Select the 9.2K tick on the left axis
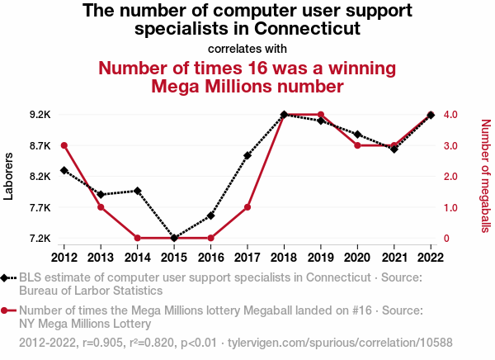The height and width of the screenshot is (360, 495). click(x=40, y=115)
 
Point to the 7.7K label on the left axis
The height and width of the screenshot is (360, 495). click(x=40, y=207)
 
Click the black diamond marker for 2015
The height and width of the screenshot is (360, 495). click(x=174, y=239)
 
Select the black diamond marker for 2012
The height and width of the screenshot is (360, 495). click(x=64, y=170)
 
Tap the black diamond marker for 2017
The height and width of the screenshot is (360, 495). click(x=247, y=155)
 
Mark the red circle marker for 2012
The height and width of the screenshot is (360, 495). click(x=64, y=145)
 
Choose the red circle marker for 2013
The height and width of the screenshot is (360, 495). click(x=101, y=207)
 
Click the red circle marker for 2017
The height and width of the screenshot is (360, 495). click(x=247, y=207)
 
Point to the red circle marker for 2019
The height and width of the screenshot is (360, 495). click(x=321, y=115)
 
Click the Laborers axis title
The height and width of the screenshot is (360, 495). click(x=9, y=176)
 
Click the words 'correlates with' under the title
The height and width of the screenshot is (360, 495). click(x=247, y=49)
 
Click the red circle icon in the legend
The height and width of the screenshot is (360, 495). click(x=6, y=310)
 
